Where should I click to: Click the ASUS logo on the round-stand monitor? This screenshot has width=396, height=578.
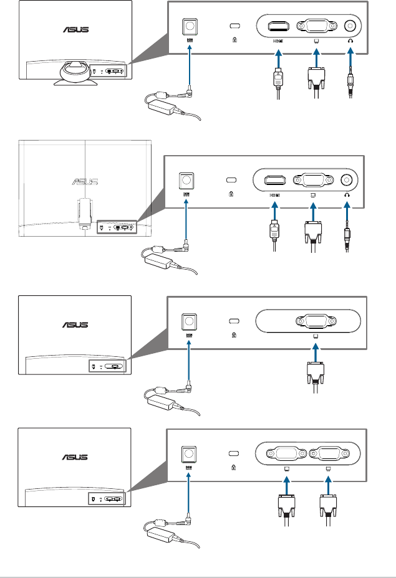[x=75, y=29]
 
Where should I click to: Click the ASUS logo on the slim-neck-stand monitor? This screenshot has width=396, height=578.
[x=85, y=182]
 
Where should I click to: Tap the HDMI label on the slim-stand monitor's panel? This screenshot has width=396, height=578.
[x=274, y=195]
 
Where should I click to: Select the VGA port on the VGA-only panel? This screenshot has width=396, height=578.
[x=316, y=322]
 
